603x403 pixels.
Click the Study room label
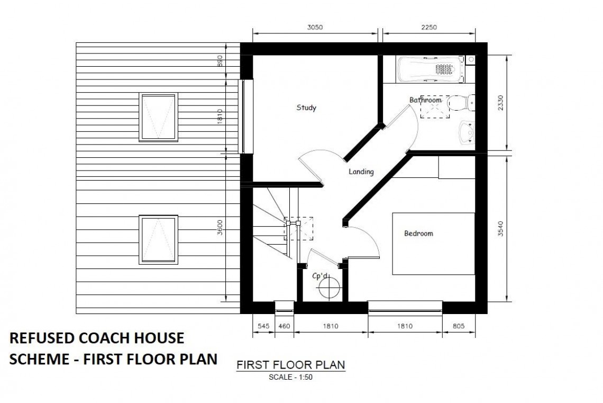tap(306, 108)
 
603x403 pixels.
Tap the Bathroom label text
tap(425, 100)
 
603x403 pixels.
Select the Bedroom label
tap(418, 233)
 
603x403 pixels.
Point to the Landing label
tap(361, 172)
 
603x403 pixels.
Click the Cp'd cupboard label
tap(321, 276)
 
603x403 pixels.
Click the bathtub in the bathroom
tap(431, 70)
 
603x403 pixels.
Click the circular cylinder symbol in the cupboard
tap(329, 288)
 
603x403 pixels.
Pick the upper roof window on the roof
tap(159, 118)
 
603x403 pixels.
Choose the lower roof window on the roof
tap(159, 240)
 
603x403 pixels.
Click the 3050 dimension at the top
tap(315, 28)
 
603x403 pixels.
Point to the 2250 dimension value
tap(429, 28)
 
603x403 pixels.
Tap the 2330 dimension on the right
tap(500, 103)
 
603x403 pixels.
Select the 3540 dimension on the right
tap(500, 228)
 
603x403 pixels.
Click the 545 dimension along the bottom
tap(263, 326)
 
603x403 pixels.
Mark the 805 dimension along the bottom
tap(459, 326)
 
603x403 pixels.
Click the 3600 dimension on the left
tap(220, 228)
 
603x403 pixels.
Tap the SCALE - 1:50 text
tap(290, 377)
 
